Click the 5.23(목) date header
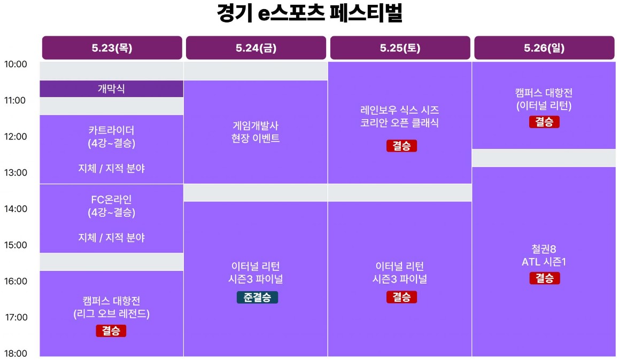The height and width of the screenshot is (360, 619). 112,48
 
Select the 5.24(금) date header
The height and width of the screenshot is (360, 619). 256,48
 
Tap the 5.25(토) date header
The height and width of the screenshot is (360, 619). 400,48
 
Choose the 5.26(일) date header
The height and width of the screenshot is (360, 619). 544,48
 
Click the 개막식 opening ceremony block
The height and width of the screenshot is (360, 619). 111,89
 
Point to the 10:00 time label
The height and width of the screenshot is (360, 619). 16,64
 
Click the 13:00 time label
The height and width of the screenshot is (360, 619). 16,173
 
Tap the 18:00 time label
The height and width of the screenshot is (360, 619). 16,353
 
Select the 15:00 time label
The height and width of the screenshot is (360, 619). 16,245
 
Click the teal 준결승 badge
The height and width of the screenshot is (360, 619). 258,298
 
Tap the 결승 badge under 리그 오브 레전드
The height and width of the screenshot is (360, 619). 111,331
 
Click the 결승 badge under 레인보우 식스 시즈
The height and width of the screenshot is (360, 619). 401,146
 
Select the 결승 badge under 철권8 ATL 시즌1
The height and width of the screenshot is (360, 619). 544,278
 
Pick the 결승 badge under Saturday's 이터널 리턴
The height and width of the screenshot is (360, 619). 401,298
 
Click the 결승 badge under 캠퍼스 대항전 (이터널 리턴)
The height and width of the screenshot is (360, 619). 544,122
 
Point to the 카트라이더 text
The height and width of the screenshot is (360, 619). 111,130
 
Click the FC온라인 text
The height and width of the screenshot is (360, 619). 111,200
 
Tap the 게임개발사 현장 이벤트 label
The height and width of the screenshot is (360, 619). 256,132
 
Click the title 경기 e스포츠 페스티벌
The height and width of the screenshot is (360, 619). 310,13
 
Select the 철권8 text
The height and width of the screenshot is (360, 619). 544,249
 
